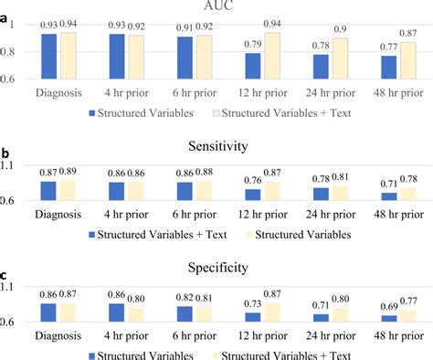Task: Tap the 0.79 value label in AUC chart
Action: coord(252,43)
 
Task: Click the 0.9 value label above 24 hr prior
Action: coord(341,29)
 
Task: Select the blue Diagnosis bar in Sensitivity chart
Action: coord(48,190)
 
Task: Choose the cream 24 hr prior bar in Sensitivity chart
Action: coord(340,193)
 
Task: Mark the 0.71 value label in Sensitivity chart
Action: coord(390,184)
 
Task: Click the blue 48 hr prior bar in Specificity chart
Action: coord(390,318)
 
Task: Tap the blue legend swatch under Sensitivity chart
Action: coord(93,234)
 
